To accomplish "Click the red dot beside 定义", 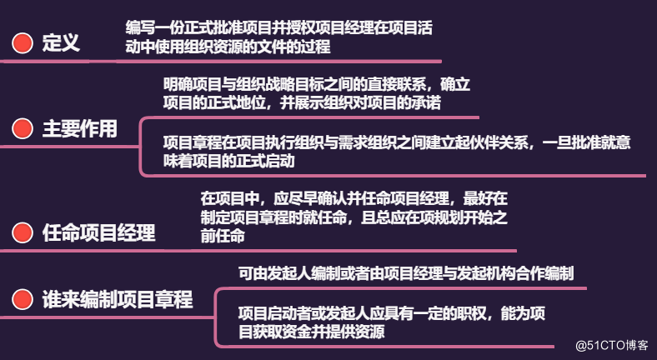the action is tap(23, 43).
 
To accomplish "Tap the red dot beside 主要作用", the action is tap(23, 129).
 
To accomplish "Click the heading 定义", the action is tap(61, 43).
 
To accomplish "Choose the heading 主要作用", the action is tap(80, 129).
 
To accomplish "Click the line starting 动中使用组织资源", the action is tap(228, 47).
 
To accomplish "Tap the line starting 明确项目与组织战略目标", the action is tap(317, 83).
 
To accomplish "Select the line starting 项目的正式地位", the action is tap(302, 103).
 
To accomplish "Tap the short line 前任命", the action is tap(223, 237).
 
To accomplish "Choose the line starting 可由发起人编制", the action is tap(405, 272).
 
